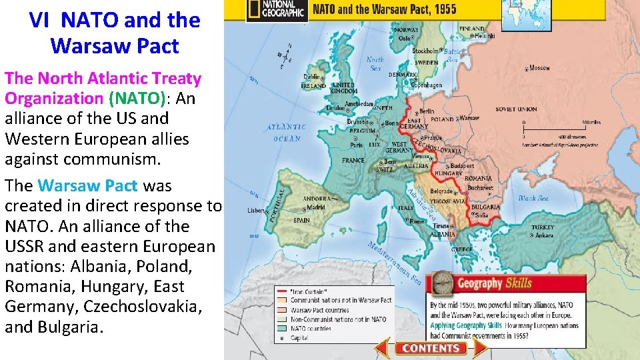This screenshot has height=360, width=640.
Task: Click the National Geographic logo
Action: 275,10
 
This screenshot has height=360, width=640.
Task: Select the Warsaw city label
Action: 469,118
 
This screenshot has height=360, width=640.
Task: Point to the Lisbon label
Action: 255,209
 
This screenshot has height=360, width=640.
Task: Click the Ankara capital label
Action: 543,235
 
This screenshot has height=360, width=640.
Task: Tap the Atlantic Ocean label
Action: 287,133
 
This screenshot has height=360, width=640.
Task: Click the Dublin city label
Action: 311,76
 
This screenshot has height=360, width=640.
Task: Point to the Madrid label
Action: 316,207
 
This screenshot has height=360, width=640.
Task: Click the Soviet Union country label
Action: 517,109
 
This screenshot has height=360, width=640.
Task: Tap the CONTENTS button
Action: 431,348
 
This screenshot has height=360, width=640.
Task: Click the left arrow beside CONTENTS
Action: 382,347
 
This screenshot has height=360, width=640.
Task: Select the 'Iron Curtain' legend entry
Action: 307,291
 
